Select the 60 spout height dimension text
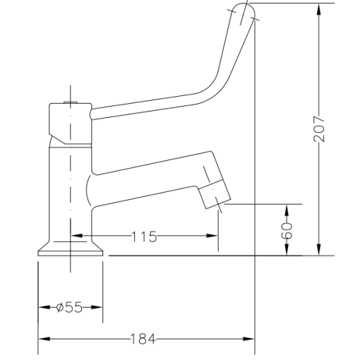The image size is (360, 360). pyautogui.click(x=287, y=229)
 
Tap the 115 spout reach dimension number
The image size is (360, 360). pyautogui.click(x=144, y=237)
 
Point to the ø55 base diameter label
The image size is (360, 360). pyautogui.click(x=69, y=307)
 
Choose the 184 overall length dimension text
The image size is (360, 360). pyautogui.click(x=143, y=340)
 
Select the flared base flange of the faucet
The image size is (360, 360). pyautogui.click(x=71, y=249)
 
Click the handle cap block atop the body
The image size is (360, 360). pyautogui.click(x=69, y=123)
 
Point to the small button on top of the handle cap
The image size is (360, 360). pyautogui.click(x=69, y=104)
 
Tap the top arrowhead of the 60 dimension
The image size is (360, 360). pyautogui.click(x=287, y=210)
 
